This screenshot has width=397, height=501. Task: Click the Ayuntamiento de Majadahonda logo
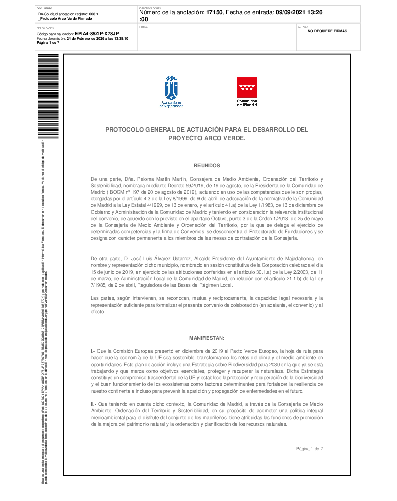(x=171, y=91)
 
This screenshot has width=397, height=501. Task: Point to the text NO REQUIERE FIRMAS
(x=327, y=31)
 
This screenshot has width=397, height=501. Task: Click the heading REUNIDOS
(x=207, y=165)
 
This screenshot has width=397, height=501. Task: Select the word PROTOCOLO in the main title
(x=124, y=129)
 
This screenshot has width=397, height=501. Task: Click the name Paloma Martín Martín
(x=146, y=179)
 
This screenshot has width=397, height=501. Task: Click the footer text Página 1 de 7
(x=309, y=448)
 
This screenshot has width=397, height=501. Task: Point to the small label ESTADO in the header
(x=303, y=26)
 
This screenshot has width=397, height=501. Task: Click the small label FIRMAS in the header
(x=143, y=26)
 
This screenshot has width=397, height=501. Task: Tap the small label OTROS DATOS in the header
(x=45, y=29)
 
